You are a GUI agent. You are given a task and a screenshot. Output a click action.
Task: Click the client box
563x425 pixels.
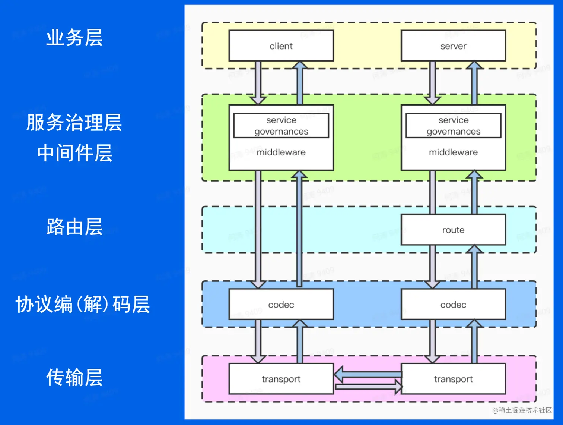click(x=281, y=46)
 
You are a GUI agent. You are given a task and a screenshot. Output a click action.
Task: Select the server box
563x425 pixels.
click(x=453, y=46)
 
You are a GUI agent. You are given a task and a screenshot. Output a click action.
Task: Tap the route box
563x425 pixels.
click(x=453, y=230)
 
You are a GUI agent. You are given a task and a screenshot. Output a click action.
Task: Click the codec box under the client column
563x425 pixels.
click(x=281, y=304)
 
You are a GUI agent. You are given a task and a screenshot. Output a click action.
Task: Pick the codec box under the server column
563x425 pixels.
click(x=453, y=304)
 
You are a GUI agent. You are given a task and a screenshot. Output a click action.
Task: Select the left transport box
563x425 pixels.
click(x=281, y=379)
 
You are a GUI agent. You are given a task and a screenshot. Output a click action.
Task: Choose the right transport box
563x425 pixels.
click(x=453, y=379)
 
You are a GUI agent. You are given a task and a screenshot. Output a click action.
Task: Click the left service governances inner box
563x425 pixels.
click(x=281, y=126)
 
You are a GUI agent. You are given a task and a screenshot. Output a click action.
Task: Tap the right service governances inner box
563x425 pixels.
click(x=453, y=126)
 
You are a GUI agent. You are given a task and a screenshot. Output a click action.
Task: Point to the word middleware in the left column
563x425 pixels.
click(x=281, y=152)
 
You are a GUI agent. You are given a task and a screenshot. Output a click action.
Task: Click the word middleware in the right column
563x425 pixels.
click(x=453, y=152)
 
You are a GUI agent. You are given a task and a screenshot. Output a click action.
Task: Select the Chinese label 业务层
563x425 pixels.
click(x=74, y=38)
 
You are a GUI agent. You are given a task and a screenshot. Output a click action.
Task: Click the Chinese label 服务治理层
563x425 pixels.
click(x=74, y=122)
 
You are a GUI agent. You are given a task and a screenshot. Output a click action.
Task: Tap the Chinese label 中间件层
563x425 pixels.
click(x=74, y=153)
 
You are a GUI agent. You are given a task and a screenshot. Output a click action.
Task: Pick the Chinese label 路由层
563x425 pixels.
click(x=74, y=226)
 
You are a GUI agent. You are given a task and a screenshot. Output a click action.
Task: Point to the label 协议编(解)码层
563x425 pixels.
click(x=82, y=304)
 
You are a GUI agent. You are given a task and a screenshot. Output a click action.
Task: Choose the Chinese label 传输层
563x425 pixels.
click(x=74, y=377)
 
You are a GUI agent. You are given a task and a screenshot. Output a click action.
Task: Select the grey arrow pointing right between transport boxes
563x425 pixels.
click(x=369, y=387)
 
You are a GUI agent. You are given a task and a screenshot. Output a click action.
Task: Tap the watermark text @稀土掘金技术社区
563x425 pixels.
click(x=522, y=410)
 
